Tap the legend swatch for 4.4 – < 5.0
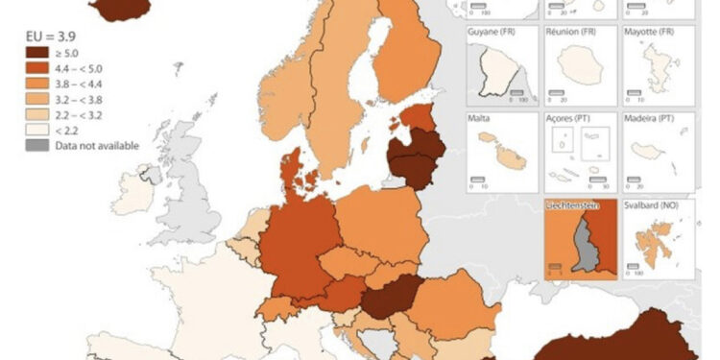point(37,69)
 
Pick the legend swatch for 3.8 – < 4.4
point(37,84)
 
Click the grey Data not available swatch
point(37,145)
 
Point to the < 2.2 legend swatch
point(37,130)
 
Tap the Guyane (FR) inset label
point(492,32)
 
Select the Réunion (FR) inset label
point(571,32)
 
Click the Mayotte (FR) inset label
point(652,32)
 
